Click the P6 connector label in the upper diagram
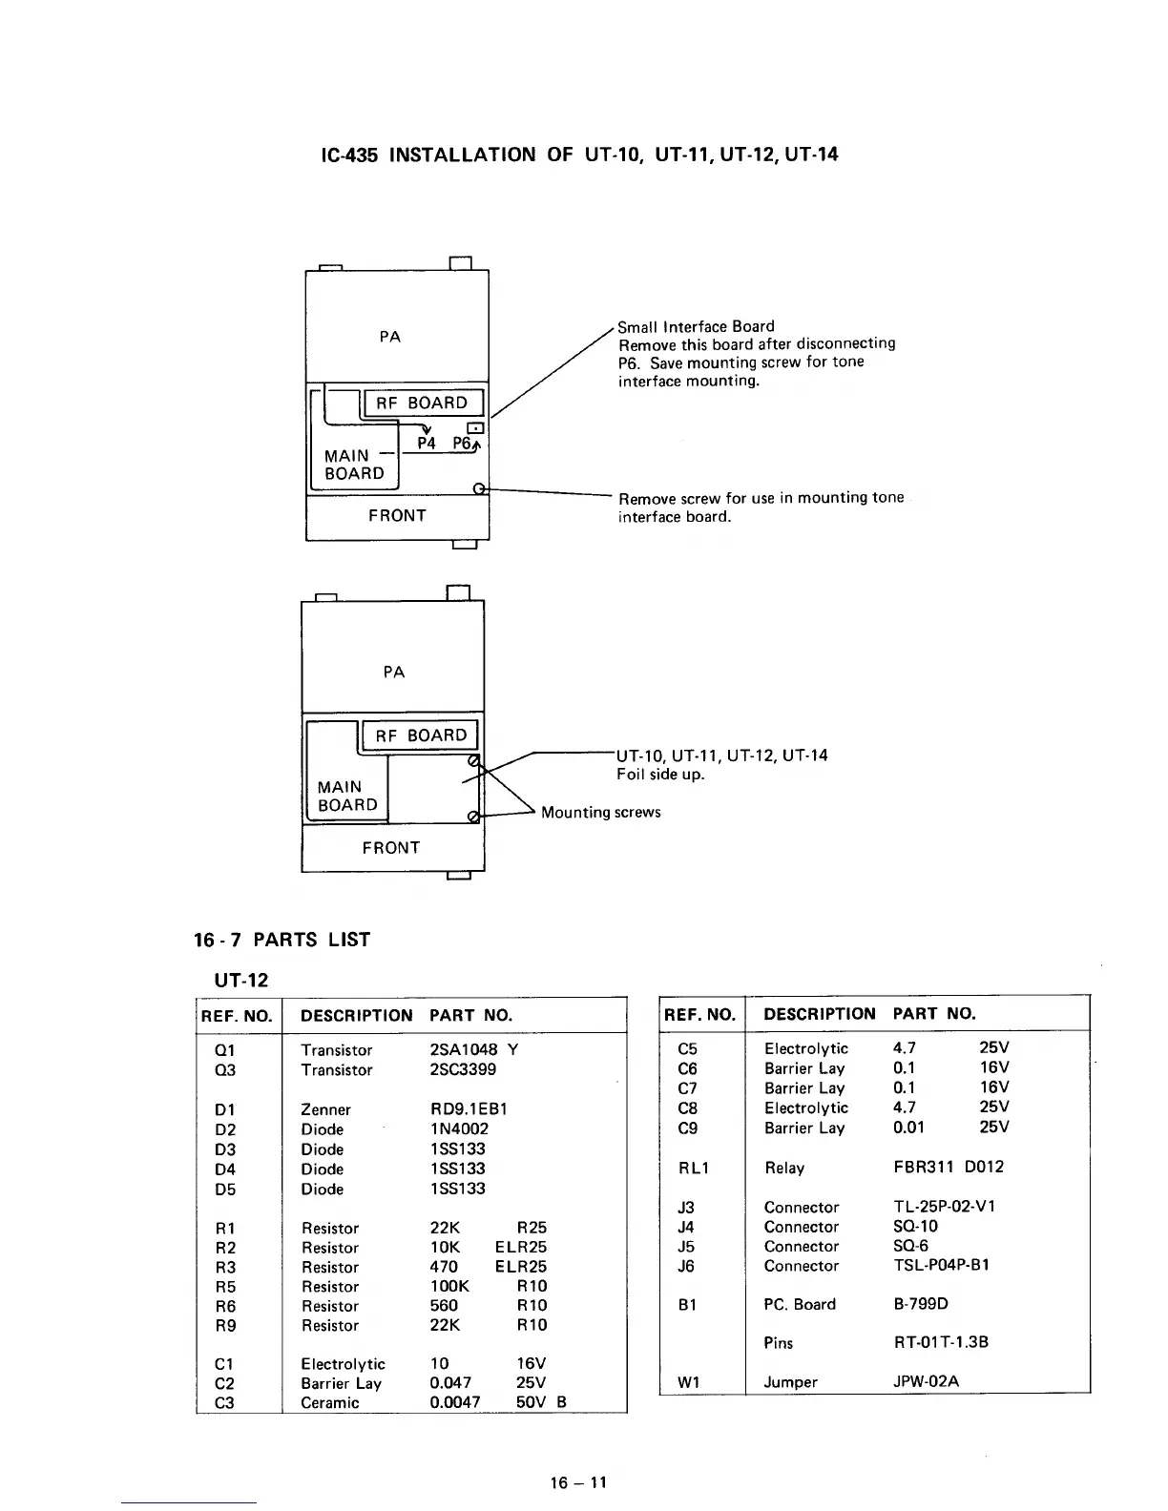pyautogui.click(x=463, y=444)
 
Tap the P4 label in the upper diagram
pyautogui.click(x=427, y=444)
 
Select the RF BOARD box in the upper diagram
pyautogui.click(x=422, y=403)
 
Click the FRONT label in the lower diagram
pyautogui.click(x=391, y=847)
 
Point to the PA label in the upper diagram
pyautogui.click(x=390, y=336)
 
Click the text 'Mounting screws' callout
pyautogui.click(x=600, y=812)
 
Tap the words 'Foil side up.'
pyautogui.click(x=660, y=774)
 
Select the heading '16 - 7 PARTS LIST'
pyautogui.click(x=282, y=940)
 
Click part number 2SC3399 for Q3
pyautogui.click(x=463, y=1069)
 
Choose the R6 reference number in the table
pyautogui.click(x=226, y=1306)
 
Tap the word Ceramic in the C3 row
pyautogui.click(x=330, y=1402)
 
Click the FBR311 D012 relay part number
pyautogui.click(x=942, y=1167)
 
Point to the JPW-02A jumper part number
pyautogui.click(x=926, y=1381)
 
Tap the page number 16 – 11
pyautogui.click(x=578, y=1482)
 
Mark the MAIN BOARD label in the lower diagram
pyautogui.click(x=347, y=796)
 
